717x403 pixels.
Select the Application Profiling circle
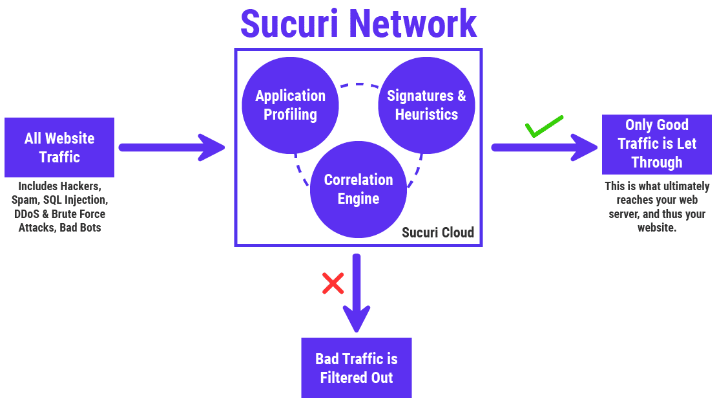[290, 105]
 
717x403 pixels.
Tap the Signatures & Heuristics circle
[426, 105]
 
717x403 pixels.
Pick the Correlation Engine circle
[358, 190]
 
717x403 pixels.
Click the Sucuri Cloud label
[438, 233]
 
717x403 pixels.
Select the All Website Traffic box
[59, 147]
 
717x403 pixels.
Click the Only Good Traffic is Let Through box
[656, 144]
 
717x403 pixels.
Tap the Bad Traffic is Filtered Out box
[356, 367]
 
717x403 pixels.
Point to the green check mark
[543, 127]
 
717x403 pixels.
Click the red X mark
[333, 283]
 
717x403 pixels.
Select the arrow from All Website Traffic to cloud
[171, 147]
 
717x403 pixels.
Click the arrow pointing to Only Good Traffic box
[544, 147]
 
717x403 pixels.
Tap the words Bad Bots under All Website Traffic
[80, 228]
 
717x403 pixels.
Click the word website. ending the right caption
[656, 228]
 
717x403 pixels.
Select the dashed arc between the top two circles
[358, 85]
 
